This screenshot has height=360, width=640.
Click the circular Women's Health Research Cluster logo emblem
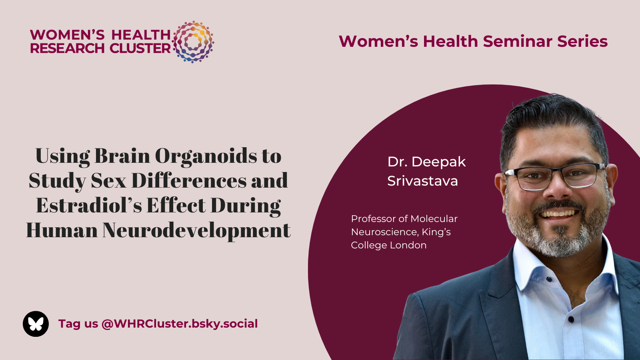click(x=194, y=42)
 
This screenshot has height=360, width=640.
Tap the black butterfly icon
click(x=36, y=324)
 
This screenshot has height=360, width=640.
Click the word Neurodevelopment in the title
click(x=196, y=230)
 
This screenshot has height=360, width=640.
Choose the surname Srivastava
click(x=422, y=181)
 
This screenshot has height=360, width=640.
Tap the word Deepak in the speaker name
click(x=438, y=162)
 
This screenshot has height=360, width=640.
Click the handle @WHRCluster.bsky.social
click(x=180, y=324)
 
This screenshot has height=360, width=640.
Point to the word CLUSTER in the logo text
click(x=140, y=48)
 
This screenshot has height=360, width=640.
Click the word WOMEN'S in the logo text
click(x=68, y=35)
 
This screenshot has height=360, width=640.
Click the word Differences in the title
click(x=189, y=180)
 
